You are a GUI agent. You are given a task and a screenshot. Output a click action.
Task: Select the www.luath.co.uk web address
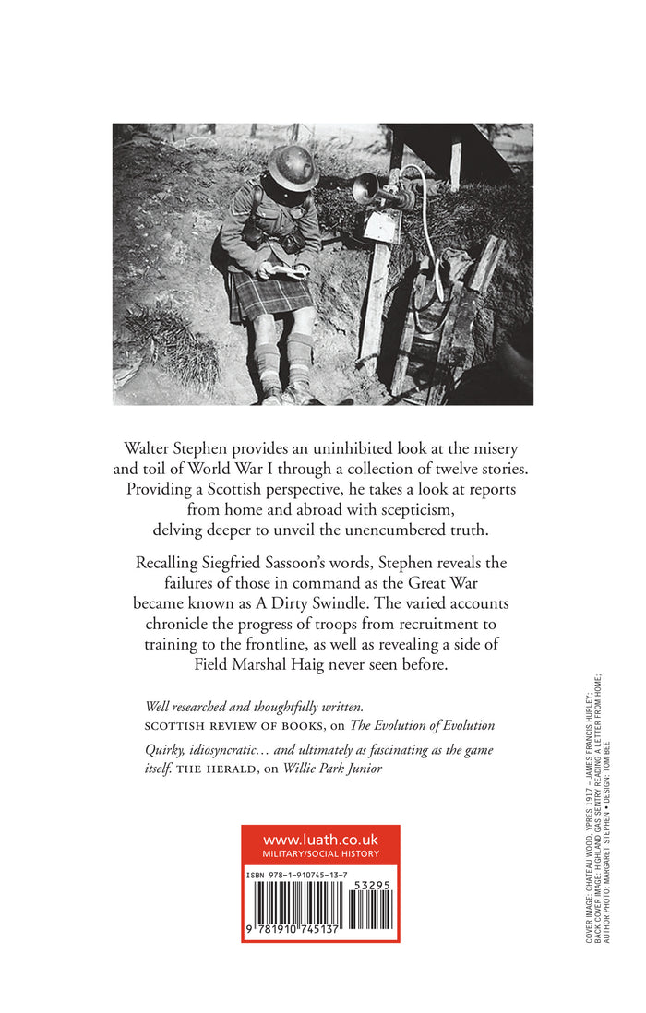click(x=320, y=840)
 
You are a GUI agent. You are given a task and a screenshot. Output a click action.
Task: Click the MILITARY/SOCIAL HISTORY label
click(x=320, y=854)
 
